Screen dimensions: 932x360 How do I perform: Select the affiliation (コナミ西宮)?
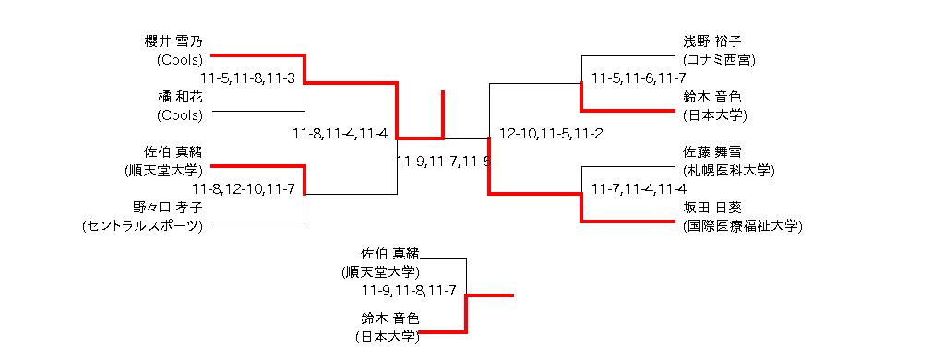(719, 60)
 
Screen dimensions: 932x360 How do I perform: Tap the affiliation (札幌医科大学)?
(729, 171)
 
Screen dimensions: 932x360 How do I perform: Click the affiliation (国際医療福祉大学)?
(743, 226)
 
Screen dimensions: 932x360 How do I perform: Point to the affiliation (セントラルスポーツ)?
(142, 226)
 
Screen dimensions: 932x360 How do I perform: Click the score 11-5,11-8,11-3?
(248, 78)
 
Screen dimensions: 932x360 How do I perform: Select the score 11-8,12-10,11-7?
(244, 189)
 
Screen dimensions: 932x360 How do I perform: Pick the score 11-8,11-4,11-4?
(341, 134)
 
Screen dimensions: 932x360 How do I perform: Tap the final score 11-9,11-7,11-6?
(444, 162)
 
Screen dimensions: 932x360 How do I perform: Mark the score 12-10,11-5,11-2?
(552, 134)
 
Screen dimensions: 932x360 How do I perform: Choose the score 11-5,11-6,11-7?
(639, 78)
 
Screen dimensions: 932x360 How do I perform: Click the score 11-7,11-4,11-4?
(639, 189)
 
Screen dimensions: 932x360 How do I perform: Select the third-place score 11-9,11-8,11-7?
(409, 291)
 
